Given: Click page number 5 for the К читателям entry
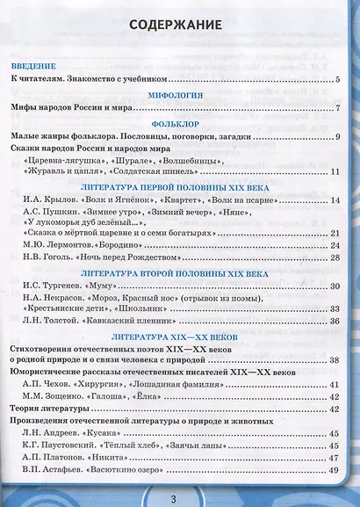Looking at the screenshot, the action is (x=337, y=80).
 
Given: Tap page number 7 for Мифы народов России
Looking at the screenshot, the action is (x=337, y=108).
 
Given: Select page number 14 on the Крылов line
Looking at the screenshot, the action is (x=335, y=201).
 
